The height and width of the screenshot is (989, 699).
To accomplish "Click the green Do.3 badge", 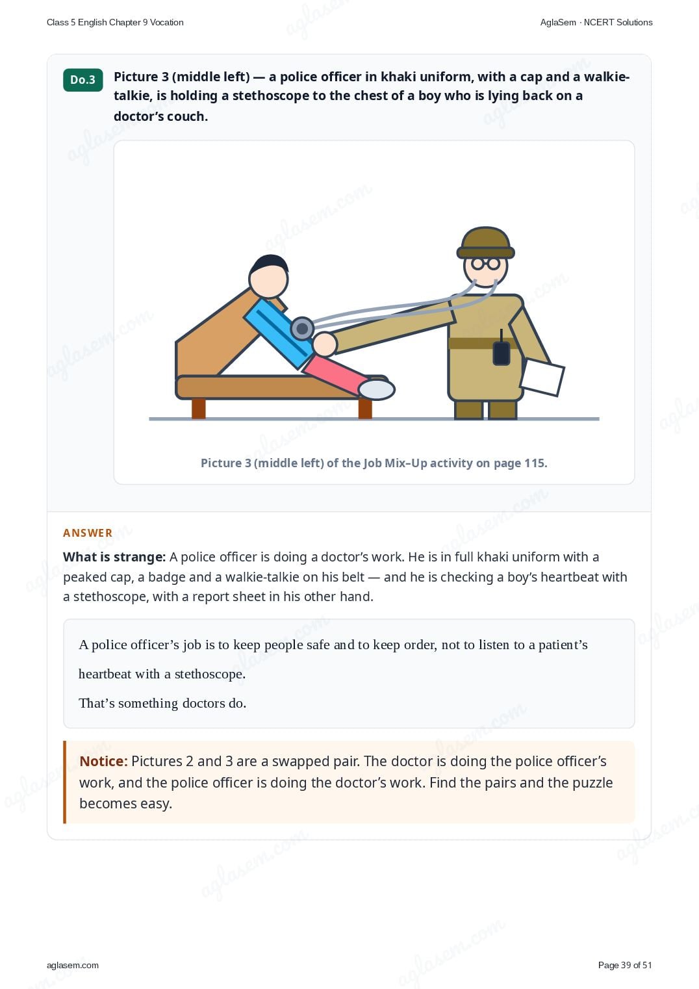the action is tap(83, 80).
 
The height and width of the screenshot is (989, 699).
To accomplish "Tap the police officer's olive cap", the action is tap(485, 242).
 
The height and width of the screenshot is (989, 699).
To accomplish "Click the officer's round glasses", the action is tap(485, 264).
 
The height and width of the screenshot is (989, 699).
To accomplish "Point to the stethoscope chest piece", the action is tap(302, 329).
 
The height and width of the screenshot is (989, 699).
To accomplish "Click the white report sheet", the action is tap(542, 377).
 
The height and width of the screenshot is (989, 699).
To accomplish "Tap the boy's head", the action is tap(268, 277).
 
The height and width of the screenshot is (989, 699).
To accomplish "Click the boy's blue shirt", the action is tap(279, 333).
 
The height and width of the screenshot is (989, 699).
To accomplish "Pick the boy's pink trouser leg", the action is tap(336, 374).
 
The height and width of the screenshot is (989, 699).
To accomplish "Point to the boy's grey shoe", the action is tap(376, 390).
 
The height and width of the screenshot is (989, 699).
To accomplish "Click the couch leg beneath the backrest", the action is tap(199, 409).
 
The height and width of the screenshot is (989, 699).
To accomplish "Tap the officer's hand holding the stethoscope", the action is tap(325, 344).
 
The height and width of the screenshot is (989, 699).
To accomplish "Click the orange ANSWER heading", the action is tap(87, 533).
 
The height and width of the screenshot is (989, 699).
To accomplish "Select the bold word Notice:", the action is tap(103, 761).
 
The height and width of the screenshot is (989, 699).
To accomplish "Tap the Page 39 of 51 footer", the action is tap(625, 965).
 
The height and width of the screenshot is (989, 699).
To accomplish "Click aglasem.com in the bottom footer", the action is tap(73, 965).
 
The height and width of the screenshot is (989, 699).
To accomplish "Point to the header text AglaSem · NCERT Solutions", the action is tap(596, 23).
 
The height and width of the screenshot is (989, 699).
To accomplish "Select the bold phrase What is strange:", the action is tap(114, 557).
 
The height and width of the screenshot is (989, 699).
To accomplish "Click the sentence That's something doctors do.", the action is tap(162, 702).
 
